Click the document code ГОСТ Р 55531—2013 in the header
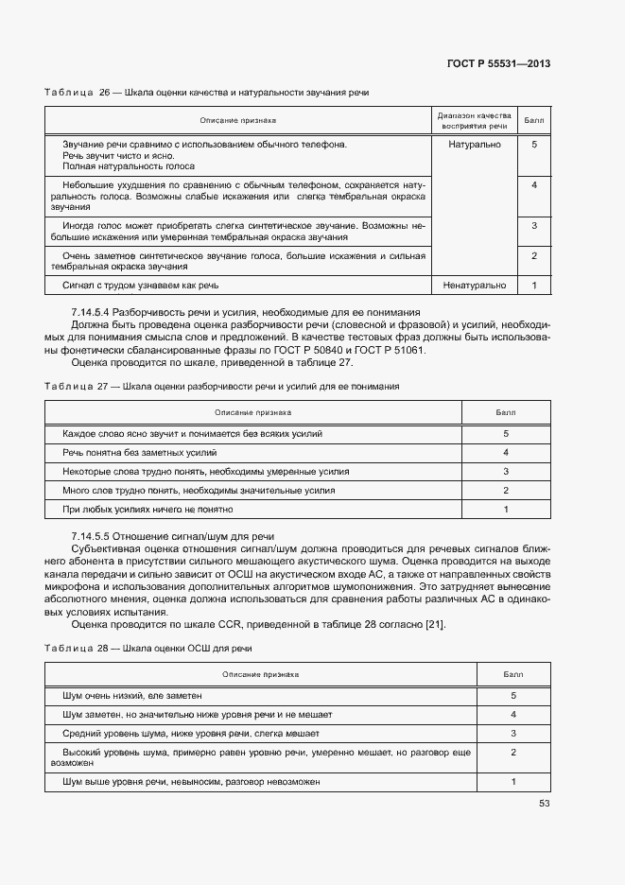pos(498,63)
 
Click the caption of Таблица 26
pos(207,93)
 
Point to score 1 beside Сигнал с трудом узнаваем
pos(534,285)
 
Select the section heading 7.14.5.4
pos(245,312)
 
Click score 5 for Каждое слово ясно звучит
pos(506,433)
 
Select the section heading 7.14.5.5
pos(173,536)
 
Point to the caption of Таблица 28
pos(148,649)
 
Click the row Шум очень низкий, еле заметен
pos(132,695)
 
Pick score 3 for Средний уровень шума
pos(512,733)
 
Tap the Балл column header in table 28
pos(512,675)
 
